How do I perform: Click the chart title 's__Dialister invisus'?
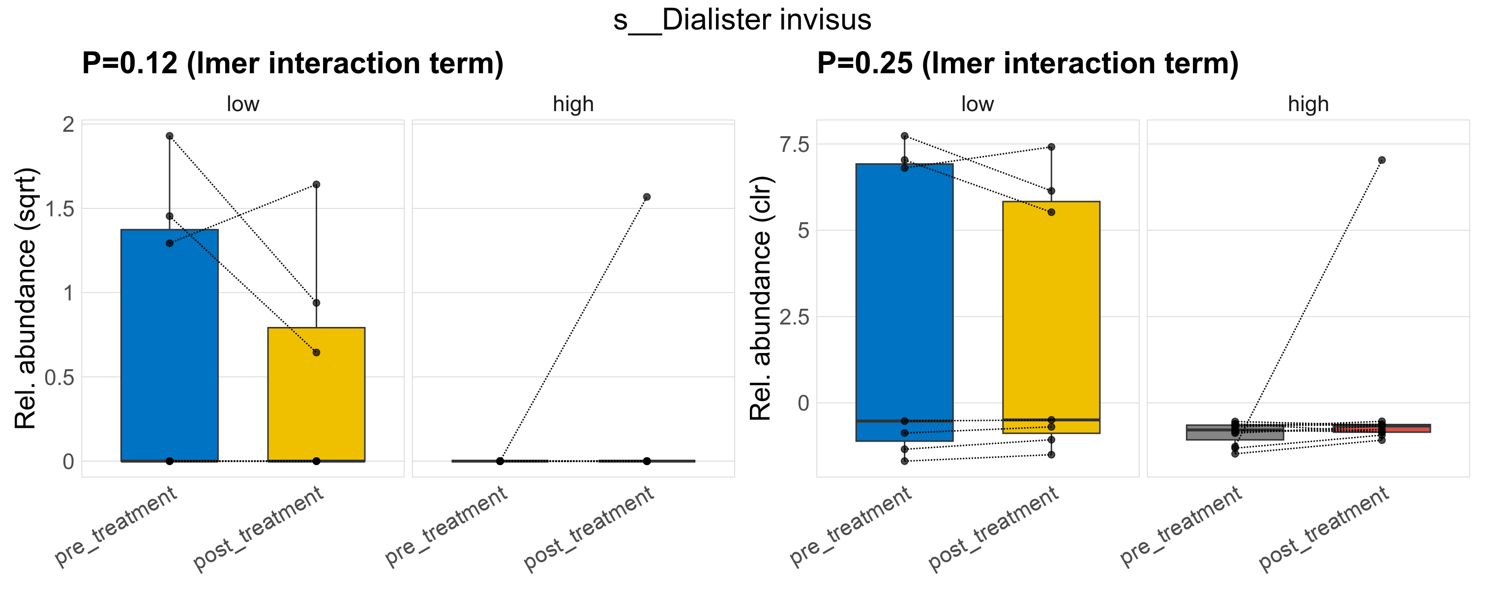(742, 20)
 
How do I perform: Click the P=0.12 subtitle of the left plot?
(292, 63)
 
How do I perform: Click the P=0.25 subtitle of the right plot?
(1027, 63)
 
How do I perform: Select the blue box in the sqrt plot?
(170, 346)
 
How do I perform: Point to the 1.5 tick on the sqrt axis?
(60, 209)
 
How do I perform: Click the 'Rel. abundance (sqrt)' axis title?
(26, 298)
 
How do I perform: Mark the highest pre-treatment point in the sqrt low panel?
(170, 136)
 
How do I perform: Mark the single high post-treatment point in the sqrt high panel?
(647, 197)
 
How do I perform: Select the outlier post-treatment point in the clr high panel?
(1382, 160)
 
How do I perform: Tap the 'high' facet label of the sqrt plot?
(573, 104)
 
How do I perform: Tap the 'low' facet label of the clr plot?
(977, 104)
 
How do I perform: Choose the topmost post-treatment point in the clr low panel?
(1051, 147)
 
